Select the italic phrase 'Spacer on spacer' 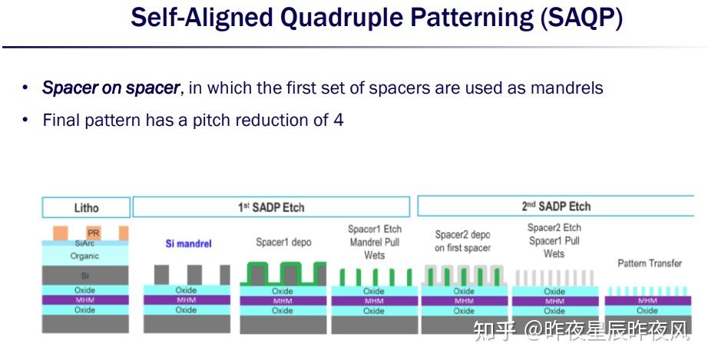click(x=111, y=88)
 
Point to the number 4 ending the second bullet click(x=339, y=120)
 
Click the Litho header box click(x=86, y=207)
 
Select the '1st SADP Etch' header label click(x=270, y=206)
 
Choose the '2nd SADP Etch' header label click(x=556, y=206)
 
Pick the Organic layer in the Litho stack click(x=85, y=256)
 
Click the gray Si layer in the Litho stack click(x=85, y=275)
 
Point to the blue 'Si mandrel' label click(x=188, y=243)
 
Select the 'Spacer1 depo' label click(x=283, y=243)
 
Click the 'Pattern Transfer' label click(x=650, y=263)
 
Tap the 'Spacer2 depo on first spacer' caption click(x=463, y=241)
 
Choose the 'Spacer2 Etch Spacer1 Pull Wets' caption click(x=554, y=240)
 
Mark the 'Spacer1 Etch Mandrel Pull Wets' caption click(x=374, y=242)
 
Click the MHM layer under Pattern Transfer click(x=647, y=301)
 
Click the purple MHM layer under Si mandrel click(x=186, y=300)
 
